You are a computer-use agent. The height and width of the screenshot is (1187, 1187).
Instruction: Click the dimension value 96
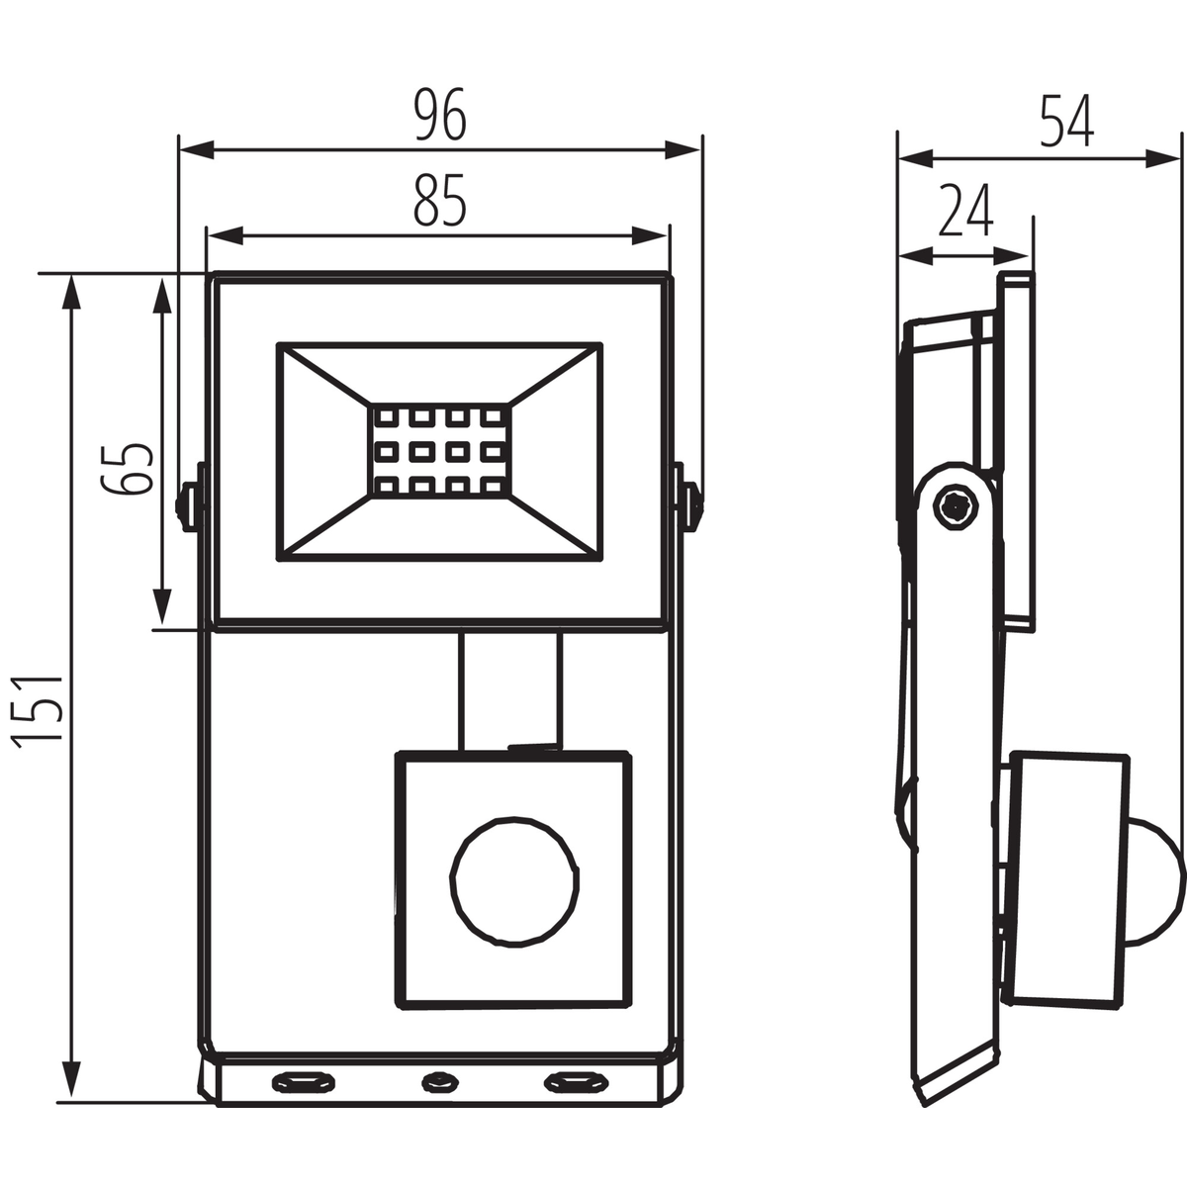click(x=440, y=115)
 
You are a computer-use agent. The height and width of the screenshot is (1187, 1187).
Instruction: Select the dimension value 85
click(x=439, y=201)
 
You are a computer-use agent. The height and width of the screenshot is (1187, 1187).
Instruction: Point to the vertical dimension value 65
click(x=128, y=468)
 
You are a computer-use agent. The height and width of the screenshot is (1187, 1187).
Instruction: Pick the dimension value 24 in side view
click(x=965, y=210)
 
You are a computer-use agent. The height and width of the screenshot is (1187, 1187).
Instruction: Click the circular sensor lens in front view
click(x=514, y=881)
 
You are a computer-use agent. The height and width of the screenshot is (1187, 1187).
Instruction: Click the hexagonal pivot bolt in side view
click(x=955, y=507)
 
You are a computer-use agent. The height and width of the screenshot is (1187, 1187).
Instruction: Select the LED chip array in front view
click(x=440, y=451)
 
